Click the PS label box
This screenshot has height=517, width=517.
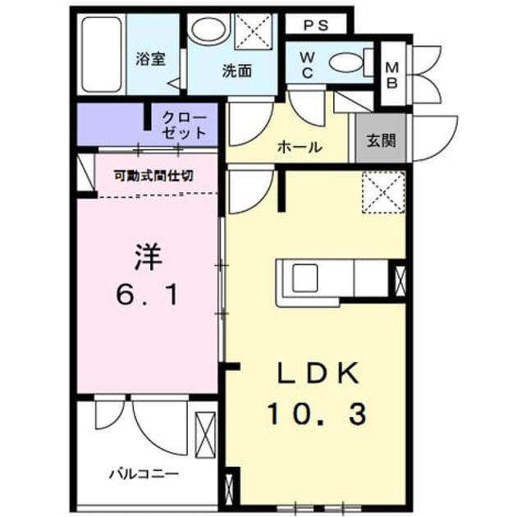pos(316,25)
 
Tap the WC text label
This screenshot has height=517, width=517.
pos(307,66)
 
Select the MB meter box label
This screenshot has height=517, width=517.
pos(392,75)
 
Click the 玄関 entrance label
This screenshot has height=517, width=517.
pos(381,141)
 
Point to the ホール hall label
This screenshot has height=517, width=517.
pos(300,147)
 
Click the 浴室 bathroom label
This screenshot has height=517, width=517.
pos(151,59)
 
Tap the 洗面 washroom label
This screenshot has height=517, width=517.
pos(236,71)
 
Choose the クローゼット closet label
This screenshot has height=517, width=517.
pos(184,126)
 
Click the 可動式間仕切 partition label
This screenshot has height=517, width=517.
pos(153,176)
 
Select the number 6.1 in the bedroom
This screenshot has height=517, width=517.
pos(147,295)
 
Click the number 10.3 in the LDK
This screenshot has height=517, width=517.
pos(317,414)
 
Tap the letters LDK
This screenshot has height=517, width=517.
pos(318,373)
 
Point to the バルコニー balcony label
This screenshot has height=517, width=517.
pos(144,474)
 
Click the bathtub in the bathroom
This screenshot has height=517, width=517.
pos(102,55)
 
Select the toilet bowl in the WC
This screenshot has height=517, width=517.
pos(345,62)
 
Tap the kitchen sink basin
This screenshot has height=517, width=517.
pos(305,277)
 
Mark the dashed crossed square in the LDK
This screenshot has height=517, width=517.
pos(383,192)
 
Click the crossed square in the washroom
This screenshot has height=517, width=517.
pos(254,32)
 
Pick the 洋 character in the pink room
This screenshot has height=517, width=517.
pos(148,257)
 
